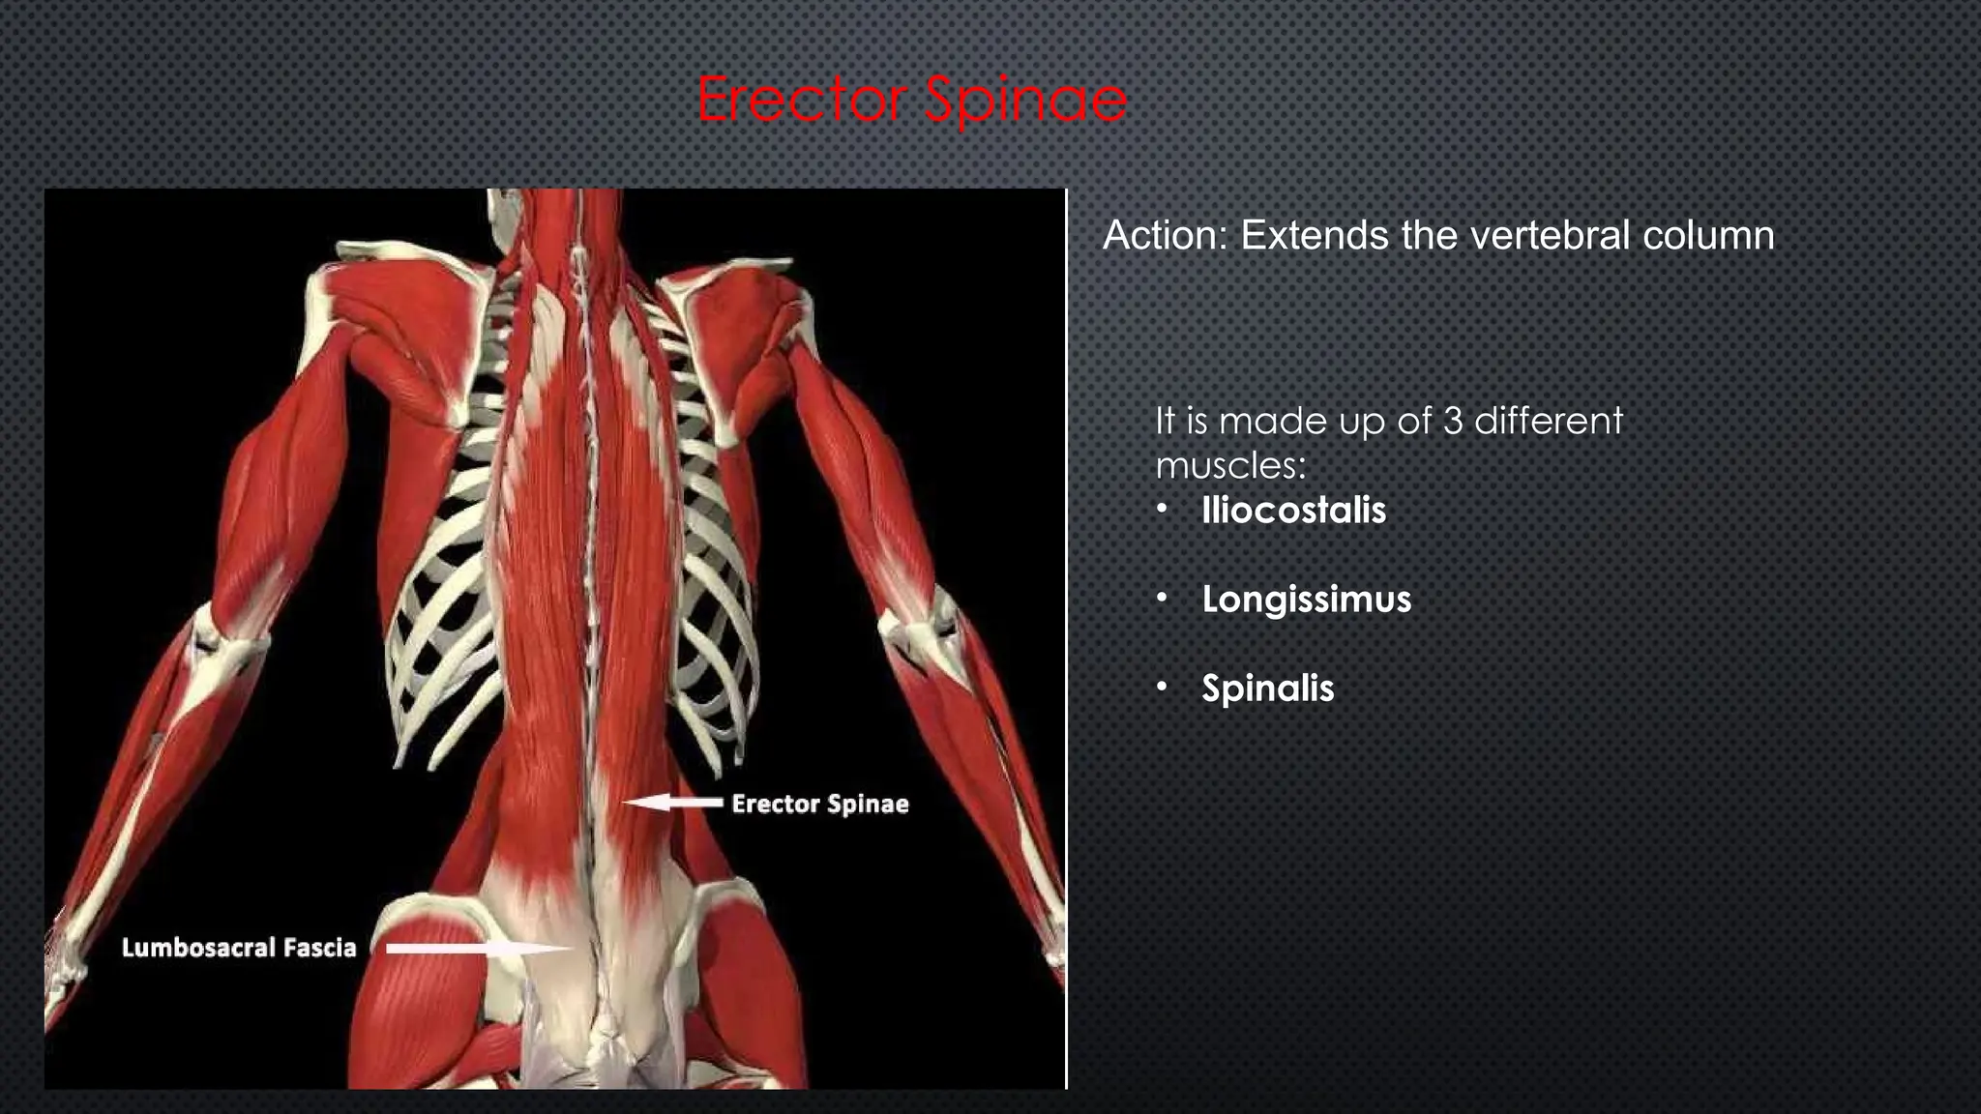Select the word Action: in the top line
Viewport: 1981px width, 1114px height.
pyautogui.click(x=1165, y=236)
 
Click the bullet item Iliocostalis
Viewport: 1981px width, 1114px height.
pyautogui.click(x=1293, y=511)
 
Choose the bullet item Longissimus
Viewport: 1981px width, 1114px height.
pyautogui.click(x=1306, y=600)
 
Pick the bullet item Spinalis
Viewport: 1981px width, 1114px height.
pyautogui.click(x=1267, y=689)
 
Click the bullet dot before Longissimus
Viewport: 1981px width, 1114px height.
pyautogui.click(x=1163, y=599)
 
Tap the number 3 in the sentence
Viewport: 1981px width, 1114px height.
pyautogui.click(x=1451, y=422)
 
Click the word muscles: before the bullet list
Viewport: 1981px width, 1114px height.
pyautogui.click(x=1230, y=466)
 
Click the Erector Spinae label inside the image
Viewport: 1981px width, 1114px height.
pyautogui.click(x=819, y=804)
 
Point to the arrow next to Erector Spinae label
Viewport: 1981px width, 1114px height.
pyautogui.click(x=672, y=802)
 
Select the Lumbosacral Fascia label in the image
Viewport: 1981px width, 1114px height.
pyautogui.click(x=239, y=948)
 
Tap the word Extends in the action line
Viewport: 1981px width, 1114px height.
pyautogui.click(x=1314, y=236)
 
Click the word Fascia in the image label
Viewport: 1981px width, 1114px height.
pyautogui.click(x=320, y=948)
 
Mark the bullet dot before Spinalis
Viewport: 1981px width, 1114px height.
pyautogui.click(x=1163, y=688)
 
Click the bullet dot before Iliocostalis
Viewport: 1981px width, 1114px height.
pyautogui.click(x=1163, y=510)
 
